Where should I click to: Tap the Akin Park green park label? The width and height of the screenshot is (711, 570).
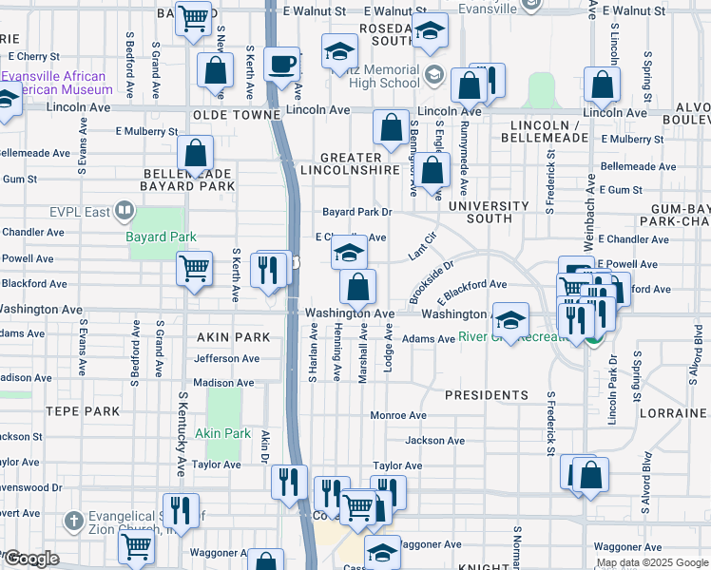223,433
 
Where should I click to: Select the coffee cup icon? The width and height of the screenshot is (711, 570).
281,65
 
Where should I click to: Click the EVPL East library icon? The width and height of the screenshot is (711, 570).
124,211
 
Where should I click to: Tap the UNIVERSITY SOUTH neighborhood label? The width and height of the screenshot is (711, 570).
489,212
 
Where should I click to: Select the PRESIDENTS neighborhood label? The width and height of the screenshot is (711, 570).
487,394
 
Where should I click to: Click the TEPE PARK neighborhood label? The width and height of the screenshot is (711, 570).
81,411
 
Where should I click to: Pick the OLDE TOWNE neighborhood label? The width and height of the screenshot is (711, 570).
238,114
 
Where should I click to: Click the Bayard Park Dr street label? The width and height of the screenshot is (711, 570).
357,212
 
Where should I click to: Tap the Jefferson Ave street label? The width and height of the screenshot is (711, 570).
226,359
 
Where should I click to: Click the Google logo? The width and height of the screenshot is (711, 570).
30,559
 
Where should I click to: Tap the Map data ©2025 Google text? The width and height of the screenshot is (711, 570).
652,562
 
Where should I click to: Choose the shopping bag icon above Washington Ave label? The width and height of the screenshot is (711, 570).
358,286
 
